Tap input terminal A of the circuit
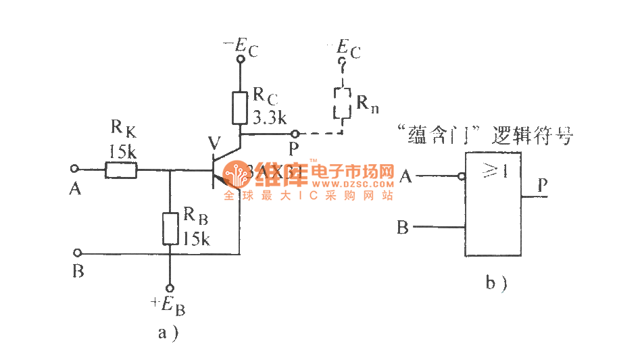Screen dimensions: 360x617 75,169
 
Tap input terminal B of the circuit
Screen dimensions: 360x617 76,253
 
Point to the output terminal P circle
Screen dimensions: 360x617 293,134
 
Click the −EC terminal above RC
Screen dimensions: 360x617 240,59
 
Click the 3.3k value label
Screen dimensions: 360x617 270,118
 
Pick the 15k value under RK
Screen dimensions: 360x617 122,151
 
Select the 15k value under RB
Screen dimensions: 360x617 196,238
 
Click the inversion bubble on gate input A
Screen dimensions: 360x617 462,177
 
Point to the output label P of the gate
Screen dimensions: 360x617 543,184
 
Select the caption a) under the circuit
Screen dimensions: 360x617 168,332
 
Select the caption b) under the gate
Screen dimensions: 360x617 496,283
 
